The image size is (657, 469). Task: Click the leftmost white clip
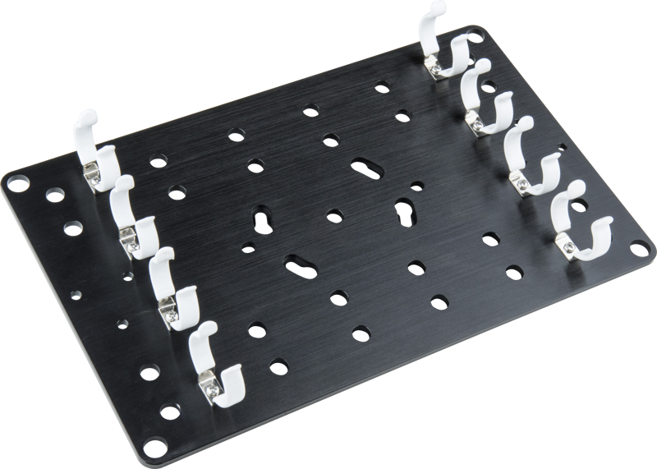coord(94,153)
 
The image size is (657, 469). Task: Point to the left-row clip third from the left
coord(173,288)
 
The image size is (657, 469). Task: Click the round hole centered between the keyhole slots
coord(334,215)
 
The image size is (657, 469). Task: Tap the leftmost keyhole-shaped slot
coord(264,220)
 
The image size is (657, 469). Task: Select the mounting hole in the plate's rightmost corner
coord(638,244)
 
